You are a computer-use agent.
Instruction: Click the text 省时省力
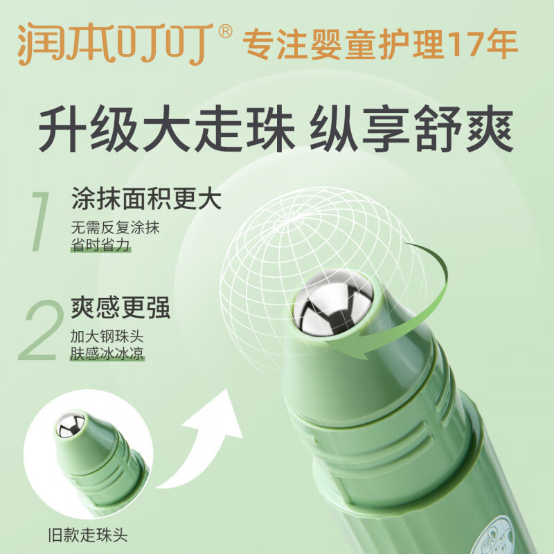click(100, 246)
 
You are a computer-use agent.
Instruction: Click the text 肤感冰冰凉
click(107, 355)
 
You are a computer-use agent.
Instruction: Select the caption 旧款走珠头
click(87, 534)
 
